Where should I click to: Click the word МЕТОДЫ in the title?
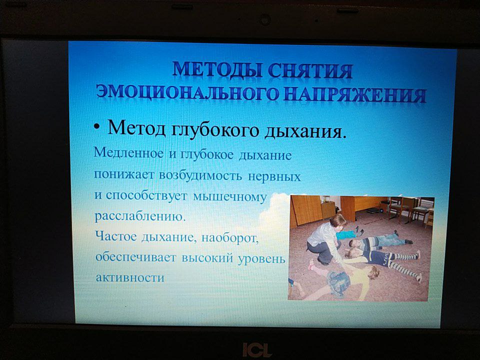(x=217, y=70)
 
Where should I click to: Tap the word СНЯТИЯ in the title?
(x=310, y=71)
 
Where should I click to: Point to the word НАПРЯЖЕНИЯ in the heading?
(x=354, y=94)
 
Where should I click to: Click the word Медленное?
(x=128, y=152)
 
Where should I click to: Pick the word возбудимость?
(x=200, y=175)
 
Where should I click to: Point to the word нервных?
(x=274, y=176)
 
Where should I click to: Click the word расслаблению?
(x=140, y=216)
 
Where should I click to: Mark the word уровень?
(x=261, y=258)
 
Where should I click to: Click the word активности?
(x=130, y=277)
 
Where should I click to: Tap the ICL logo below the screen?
(x=257, y=349)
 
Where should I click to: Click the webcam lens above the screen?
(x=265, y=20)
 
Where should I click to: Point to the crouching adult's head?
(x=337, y=221)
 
